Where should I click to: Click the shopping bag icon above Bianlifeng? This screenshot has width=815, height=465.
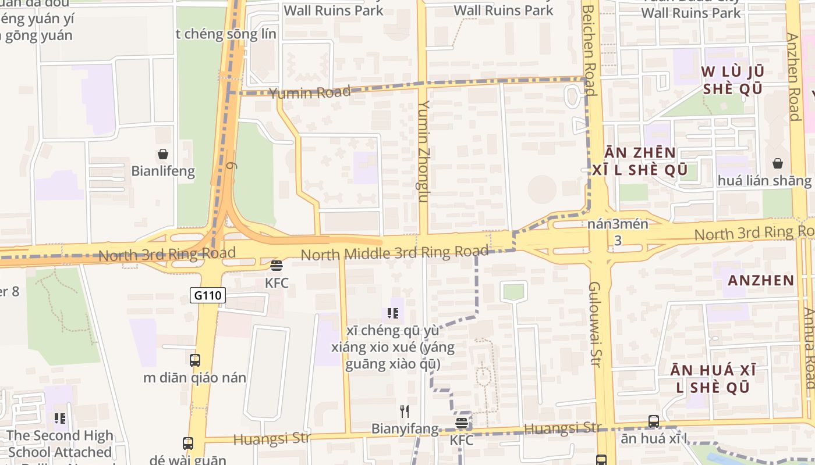click(163, 154)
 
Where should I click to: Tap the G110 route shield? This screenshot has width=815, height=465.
click(207, 295)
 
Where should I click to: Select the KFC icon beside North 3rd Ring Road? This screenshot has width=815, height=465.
click(277, 266)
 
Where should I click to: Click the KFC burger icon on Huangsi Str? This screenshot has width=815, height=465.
click(462, 423)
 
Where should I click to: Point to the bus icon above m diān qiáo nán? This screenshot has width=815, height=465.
click(195, 360)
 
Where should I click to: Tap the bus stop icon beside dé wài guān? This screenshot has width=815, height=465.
click(188, 443)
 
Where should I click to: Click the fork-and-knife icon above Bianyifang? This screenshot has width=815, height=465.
click(405, 412)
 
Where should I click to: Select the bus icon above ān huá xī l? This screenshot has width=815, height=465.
click(654, 421)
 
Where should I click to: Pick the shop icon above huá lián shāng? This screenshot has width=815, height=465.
click(778, 163)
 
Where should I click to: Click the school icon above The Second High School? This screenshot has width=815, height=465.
click(59, 418)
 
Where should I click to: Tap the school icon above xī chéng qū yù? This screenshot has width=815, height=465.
click(393, 313)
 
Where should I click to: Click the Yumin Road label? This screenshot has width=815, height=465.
click(310, 92)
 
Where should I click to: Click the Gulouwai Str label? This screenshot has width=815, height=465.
click(595, 324)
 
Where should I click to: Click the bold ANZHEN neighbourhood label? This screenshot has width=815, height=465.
click(761, 281)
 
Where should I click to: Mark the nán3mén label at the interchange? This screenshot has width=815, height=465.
click(618, 224)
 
